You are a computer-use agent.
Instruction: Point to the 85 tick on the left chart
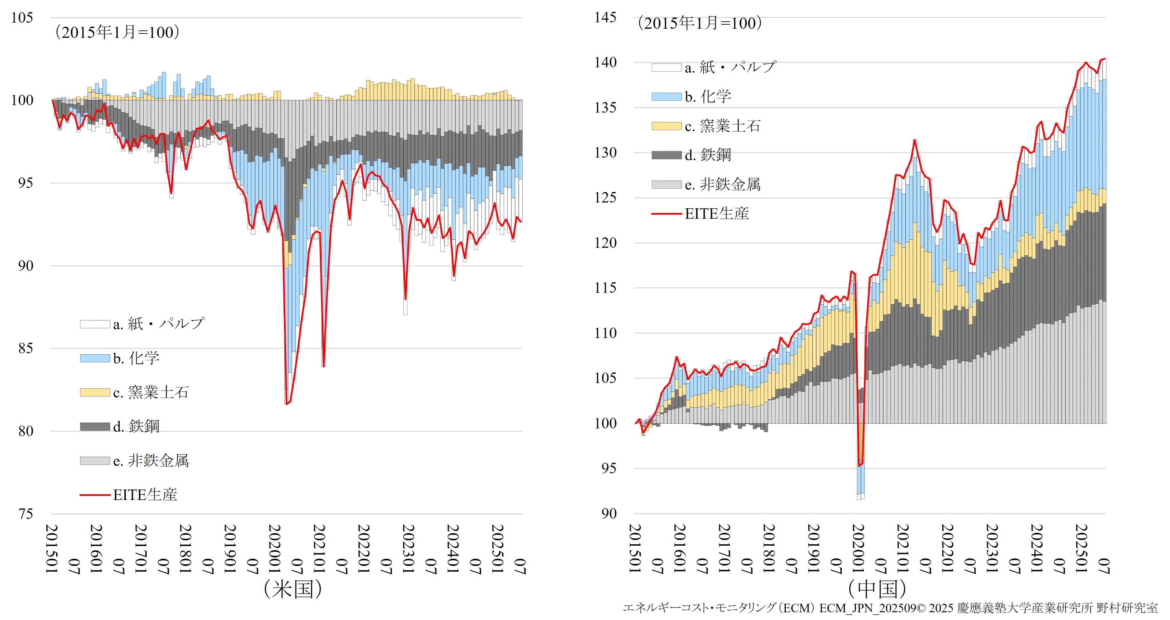[x=25, y=349]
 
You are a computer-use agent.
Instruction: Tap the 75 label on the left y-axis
[x=25, y=514]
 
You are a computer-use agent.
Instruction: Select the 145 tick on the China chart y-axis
[x=605, y=18]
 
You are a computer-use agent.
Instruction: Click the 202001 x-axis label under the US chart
[x=275, y=549]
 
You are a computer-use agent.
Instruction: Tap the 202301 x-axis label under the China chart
[x=992, y=549]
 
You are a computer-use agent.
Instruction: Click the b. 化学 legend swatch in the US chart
[x=95, y=358]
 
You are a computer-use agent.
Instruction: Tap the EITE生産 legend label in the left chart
[x=145, y=495]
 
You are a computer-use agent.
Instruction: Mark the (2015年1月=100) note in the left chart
[x=117, y=32]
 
